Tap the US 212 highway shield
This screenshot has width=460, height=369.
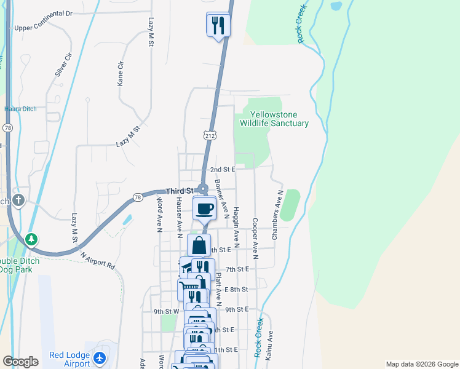209,134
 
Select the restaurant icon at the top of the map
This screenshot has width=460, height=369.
218,26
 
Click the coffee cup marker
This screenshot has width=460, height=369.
205,208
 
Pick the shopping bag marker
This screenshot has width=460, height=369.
199,245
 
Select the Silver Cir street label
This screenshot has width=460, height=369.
63,64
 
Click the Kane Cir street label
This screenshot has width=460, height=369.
121,73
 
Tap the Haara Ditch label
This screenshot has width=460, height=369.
20,109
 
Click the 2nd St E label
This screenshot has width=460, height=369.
223,169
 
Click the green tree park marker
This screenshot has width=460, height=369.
31,238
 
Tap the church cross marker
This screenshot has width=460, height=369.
18,200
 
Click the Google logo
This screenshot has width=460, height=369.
20,362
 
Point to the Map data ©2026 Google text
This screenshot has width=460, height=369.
422,364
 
